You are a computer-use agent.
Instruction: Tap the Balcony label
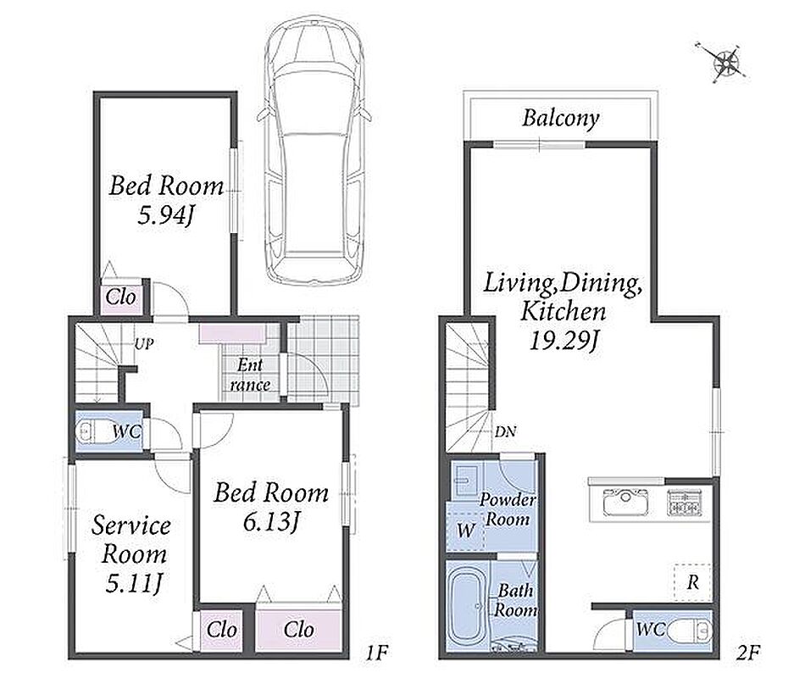[561, 118]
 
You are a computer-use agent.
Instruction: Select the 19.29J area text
[564, 342]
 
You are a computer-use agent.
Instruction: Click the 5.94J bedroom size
[165, 216]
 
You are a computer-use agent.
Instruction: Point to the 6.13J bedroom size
[270, 522]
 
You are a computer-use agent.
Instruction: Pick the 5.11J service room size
[134, 583]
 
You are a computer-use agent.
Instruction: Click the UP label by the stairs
[144, 344]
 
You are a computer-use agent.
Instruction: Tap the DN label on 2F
[505, 432]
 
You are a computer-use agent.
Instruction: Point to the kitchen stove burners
[684, 503]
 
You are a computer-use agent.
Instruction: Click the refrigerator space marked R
[692, 582]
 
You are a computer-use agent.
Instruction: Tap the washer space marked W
[465, 531]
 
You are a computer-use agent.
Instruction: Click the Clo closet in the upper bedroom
[120, 297]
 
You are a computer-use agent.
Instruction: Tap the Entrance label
[250, 375]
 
